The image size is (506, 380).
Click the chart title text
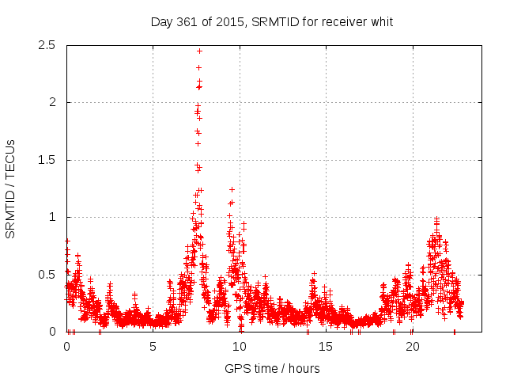pyautogui.click(x=272, y=21)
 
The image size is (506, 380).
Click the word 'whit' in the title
pyautogui.click(x=381, y=21)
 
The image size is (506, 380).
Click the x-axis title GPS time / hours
pyautogui.click(x=272, y=368)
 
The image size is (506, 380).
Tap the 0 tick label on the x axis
pyautogui.click(x=66, y=347)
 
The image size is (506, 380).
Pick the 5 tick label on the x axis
pyautogui.click(x=153, y=347)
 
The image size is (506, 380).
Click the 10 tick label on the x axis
pyautogui.click(x=239, y=347)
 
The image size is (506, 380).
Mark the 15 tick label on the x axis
pyautogui.click(x=326, y=347)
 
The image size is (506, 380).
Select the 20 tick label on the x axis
pyautogui.click(x=412, y=347)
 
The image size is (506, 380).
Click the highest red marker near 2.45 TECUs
pyautogui.click(x=199, y=51)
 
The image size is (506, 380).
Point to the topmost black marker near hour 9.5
pyautogui.click(x=232, y=189)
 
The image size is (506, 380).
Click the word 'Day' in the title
pyautogui.click(x=162, y=21)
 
